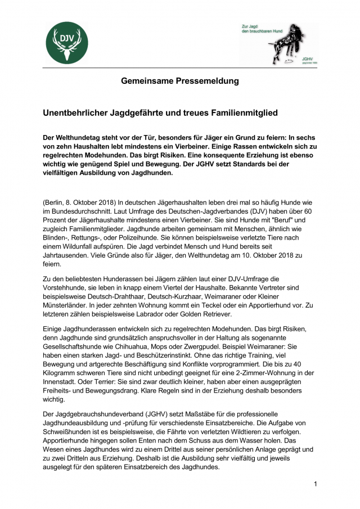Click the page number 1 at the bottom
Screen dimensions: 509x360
[x=316, y=484]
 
